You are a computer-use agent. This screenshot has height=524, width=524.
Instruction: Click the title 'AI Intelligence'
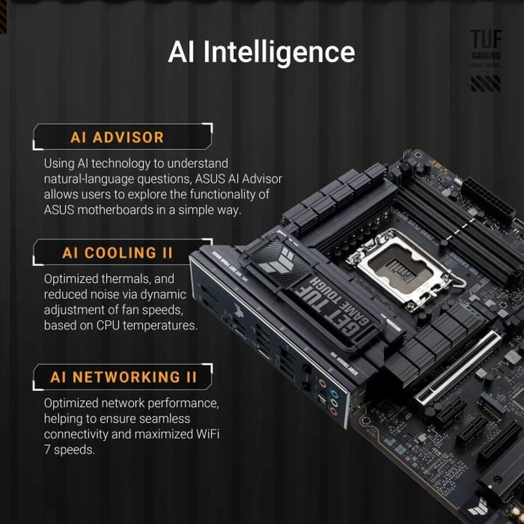[x=261, y=52]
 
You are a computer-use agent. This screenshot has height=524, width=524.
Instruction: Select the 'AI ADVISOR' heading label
[x=117, y=138]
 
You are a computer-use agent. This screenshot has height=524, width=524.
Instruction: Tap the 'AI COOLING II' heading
[x=117, y=253]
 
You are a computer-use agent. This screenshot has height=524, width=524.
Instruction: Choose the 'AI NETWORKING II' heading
[x=124, y=377]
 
